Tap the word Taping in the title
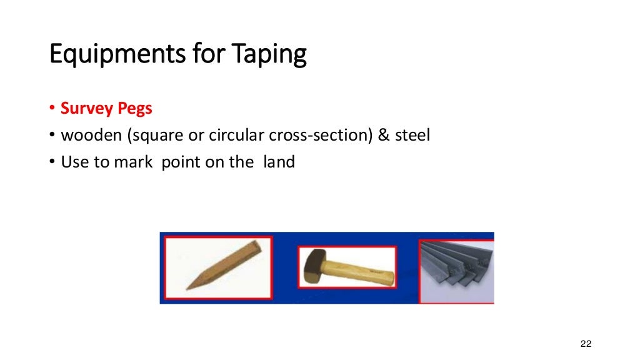(270, 55)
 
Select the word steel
(412, 135)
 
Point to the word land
(278, 162)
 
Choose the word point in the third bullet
(182, 162)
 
